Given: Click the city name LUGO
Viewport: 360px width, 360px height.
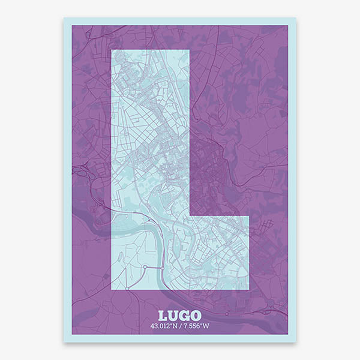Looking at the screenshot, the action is [180, 316].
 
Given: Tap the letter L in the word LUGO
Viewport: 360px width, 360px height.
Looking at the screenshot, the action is [164, 316].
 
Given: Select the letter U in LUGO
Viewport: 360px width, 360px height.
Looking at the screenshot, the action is [174, 316].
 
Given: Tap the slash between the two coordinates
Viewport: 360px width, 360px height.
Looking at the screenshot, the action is [181, 326].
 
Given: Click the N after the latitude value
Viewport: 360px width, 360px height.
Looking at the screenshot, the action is [175, 326].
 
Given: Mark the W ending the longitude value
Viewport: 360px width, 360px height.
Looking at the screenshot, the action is [206, 326].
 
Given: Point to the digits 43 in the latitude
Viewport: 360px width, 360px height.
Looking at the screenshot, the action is [155, 326].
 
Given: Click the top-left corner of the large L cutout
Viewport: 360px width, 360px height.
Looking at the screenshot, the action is [112, 50].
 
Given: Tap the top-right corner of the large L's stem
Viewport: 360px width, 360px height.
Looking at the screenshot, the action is [189, 50].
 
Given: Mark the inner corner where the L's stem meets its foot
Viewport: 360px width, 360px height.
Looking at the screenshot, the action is [189, 214].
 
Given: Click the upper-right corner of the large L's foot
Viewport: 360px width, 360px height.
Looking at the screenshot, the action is [248, 214].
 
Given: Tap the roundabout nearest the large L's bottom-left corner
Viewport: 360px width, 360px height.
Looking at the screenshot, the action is [145, 266].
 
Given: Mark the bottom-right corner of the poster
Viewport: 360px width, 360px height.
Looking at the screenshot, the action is [296, 342].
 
